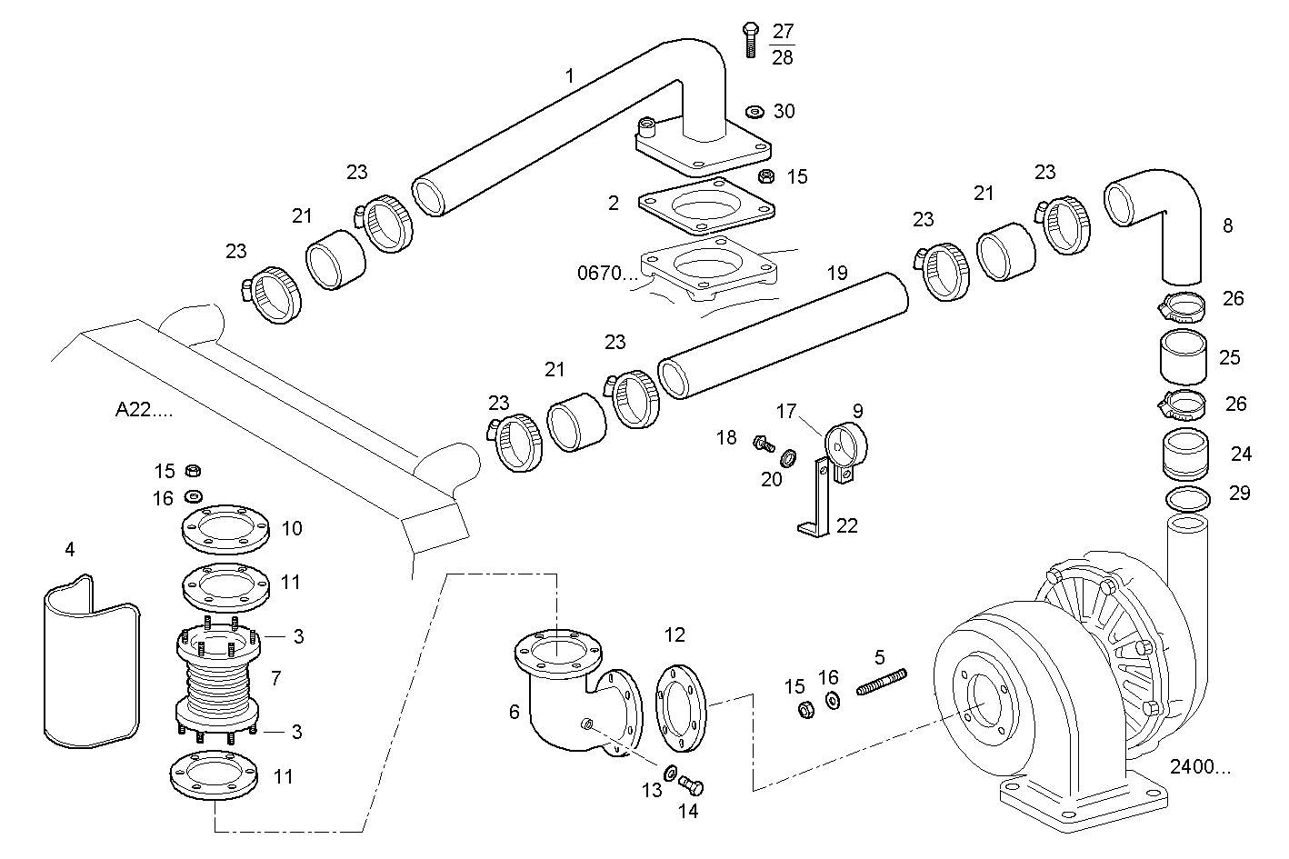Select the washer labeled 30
(x=754, y=112)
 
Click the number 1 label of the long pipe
(x=570, y=76)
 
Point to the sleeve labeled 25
(x=1183, y=357)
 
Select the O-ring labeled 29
(x=1187, y=498)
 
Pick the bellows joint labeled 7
(x=218, y=684)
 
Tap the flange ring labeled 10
(x=225, y=528)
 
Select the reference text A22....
(x=144, y=410)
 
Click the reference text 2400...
(x=1200, y=767)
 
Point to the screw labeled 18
(x=761, y=444)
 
